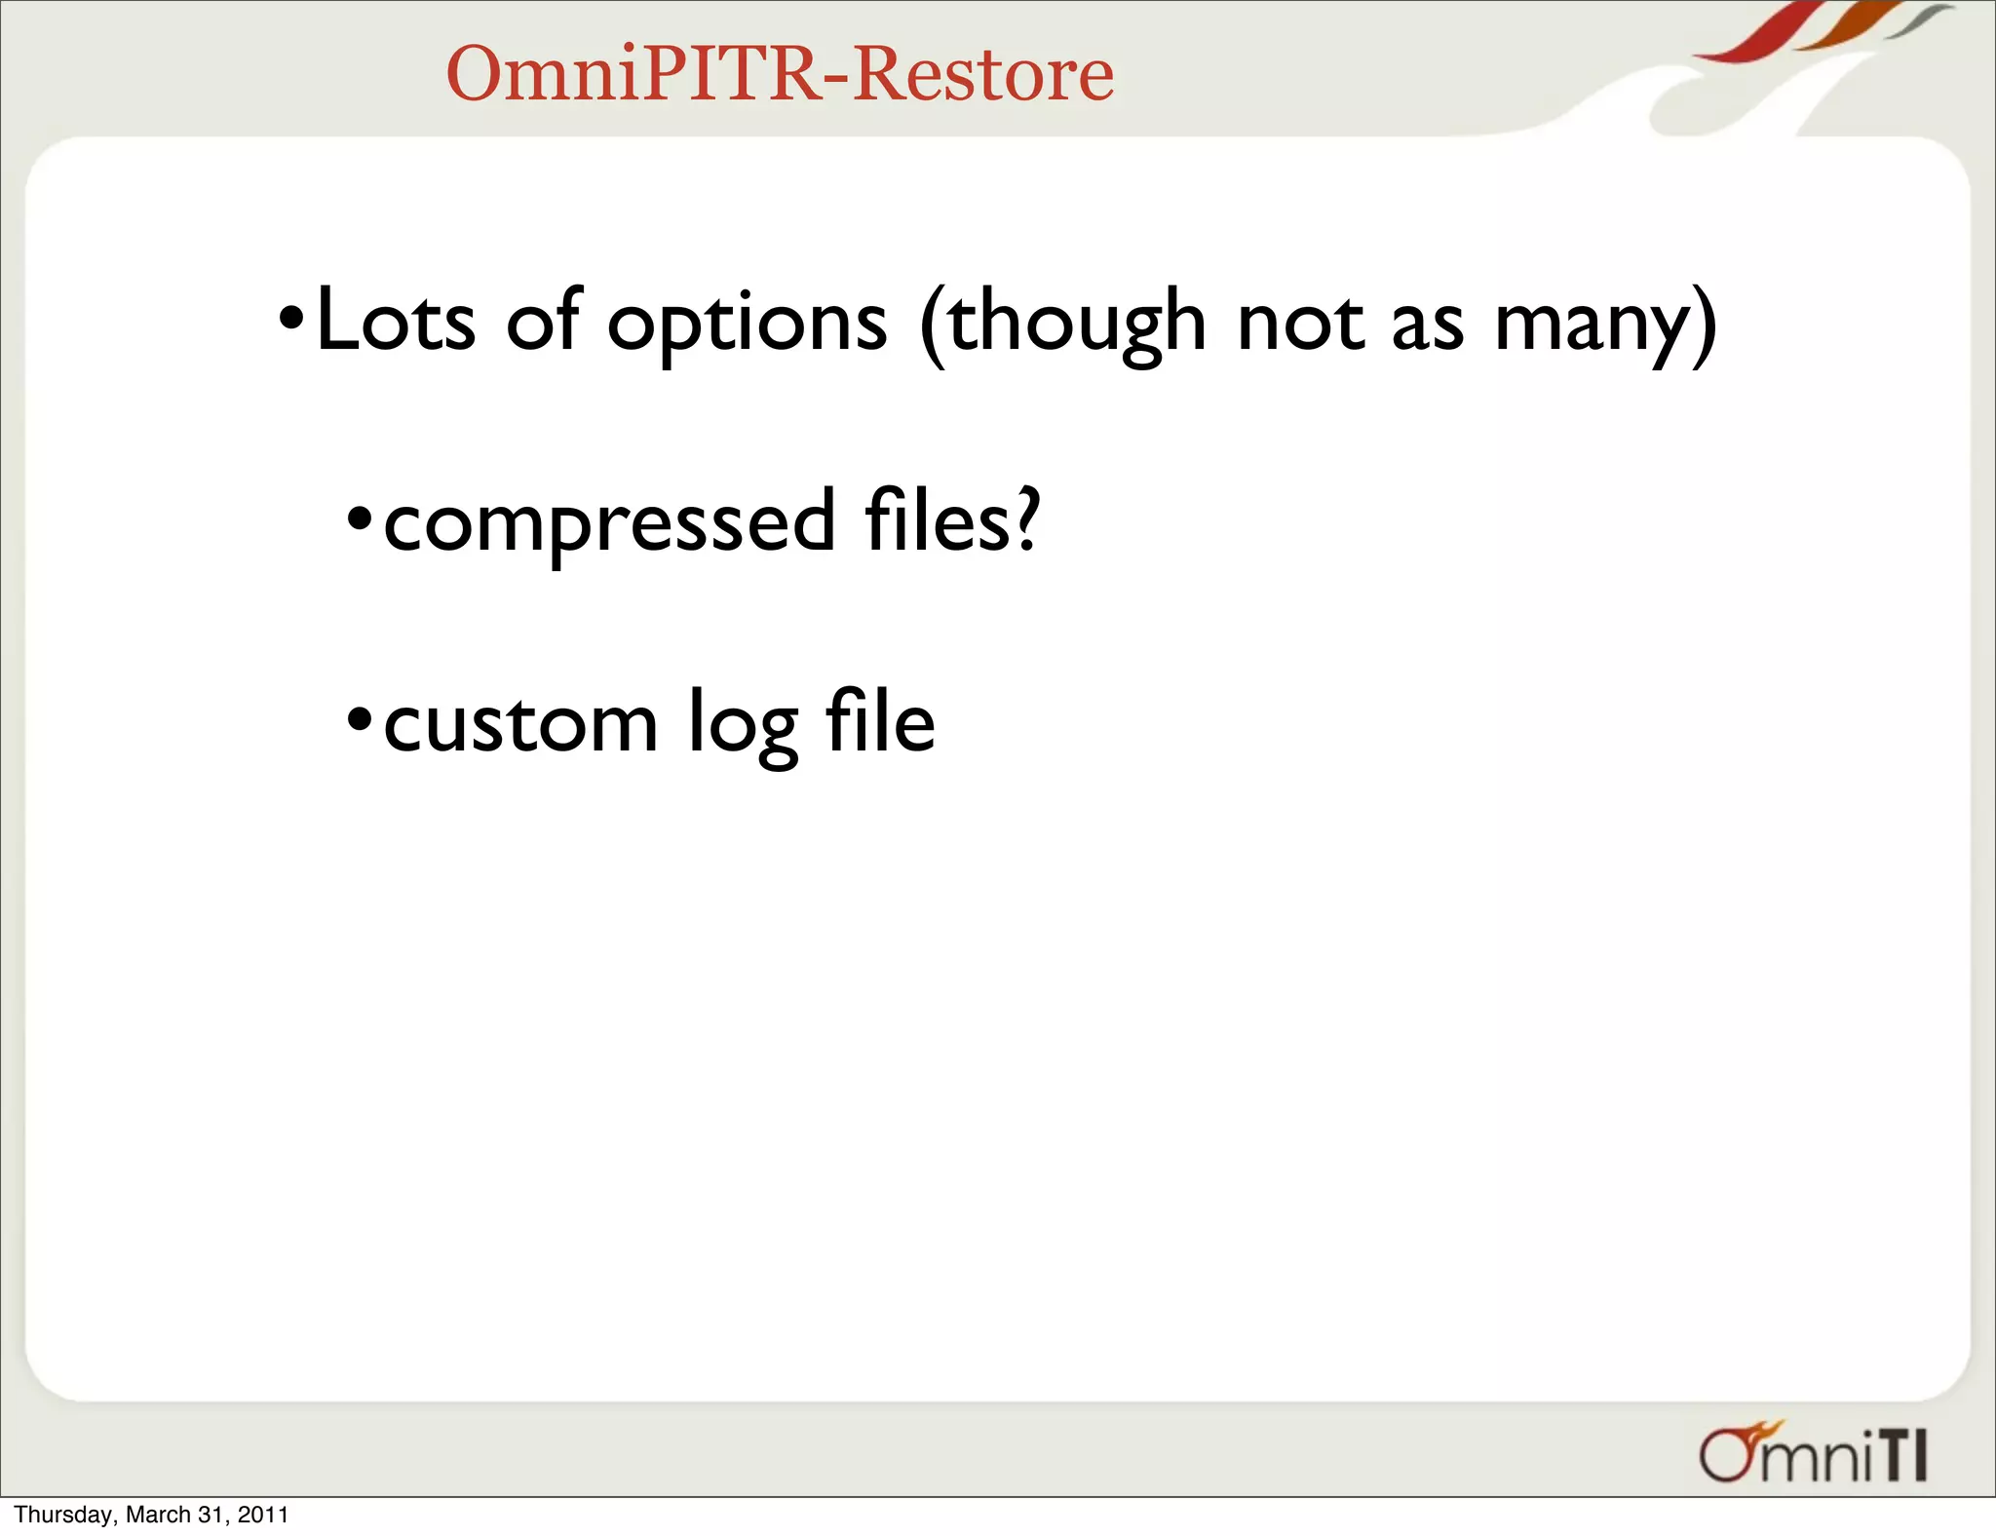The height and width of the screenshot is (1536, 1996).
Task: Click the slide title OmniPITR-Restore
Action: pyautogui.click(x=780, y=74)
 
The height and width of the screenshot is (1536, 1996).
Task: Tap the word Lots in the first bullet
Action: pyautogui.click(x=396, y=322)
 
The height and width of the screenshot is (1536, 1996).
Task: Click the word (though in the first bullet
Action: pyautogui.click(x=1062, y=324)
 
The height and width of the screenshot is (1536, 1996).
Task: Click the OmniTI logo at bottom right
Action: pyautogui.click(x=1813, y=1456)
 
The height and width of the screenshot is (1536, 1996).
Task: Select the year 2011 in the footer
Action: pyautogui.click(x=263, y=1515)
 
